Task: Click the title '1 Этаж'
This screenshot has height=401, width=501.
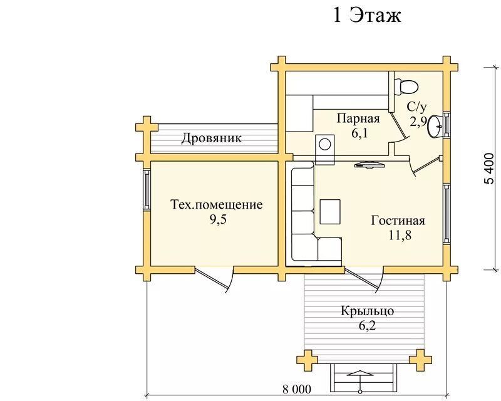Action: pyautogui.click(x=366, y=15)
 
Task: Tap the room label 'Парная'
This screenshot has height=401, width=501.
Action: pyautogui.click(x=358, y=118)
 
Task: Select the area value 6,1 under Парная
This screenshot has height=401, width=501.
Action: pyautogui.click(x=358, y=132)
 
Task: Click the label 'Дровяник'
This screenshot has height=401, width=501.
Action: pyautogui.click(x=212, y=138)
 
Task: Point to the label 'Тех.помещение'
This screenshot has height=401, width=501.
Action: pyautogui.click(x=217, y=205)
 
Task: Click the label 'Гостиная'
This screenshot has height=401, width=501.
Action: pyautogui.click(x=398, y=221)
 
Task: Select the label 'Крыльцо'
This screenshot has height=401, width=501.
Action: pyautogui.click(x=368, y=311)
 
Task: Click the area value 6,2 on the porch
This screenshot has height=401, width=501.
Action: pyautogui.click(x=368, y=325)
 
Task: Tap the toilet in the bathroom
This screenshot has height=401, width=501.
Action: pyautogui.click(x=408, y=85)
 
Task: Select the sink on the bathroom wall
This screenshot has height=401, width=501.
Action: pyautogui.click(x=436, y=125)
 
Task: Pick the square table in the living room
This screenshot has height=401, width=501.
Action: pyautogui.click(x=330, y=212)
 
